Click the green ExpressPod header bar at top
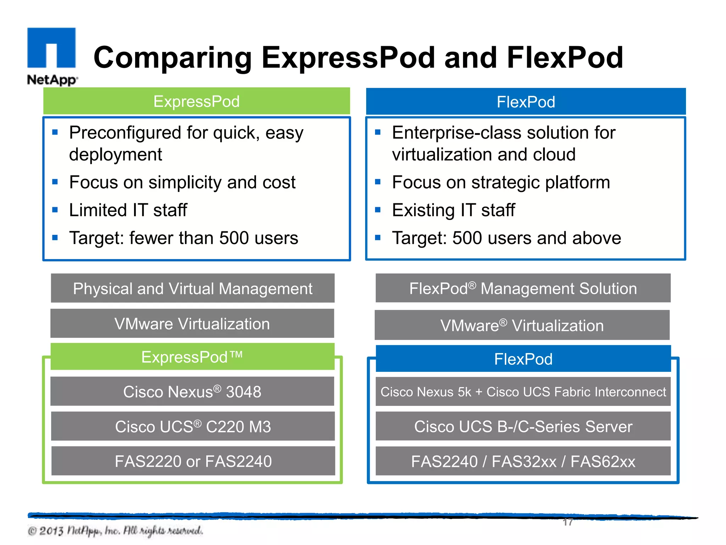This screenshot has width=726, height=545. click(196, 101)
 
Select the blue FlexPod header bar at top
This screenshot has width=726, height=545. click(526, 102)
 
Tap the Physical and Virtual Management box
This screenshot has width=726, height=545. click(192, 288)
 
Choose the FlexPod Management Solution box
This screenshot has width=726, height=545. click(523, 288)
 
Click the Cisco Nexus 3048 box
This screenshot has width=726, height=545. click(192, 391)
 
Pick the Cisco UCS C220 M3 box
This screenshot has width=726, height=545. click(192, 426)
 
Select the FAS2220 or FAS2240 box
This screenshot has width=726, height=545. click(193, 461)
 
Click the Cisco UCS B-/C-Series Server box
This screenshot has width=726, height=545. click(523, 426)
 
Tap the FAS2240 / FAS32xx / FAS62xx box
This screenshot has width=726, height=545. click(523, 461)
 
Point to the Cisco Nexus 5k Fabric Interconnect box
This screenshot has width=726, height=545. click(523, 391)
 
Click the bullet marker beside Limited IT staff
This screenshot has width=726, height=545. click(55, 210)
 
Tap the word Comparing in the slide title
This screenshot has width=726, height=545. click(173, 58)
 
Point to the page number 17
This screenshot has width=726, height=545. click(568, 522)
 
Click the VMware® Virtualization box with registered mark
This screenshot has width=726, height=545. click(522, 325)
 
